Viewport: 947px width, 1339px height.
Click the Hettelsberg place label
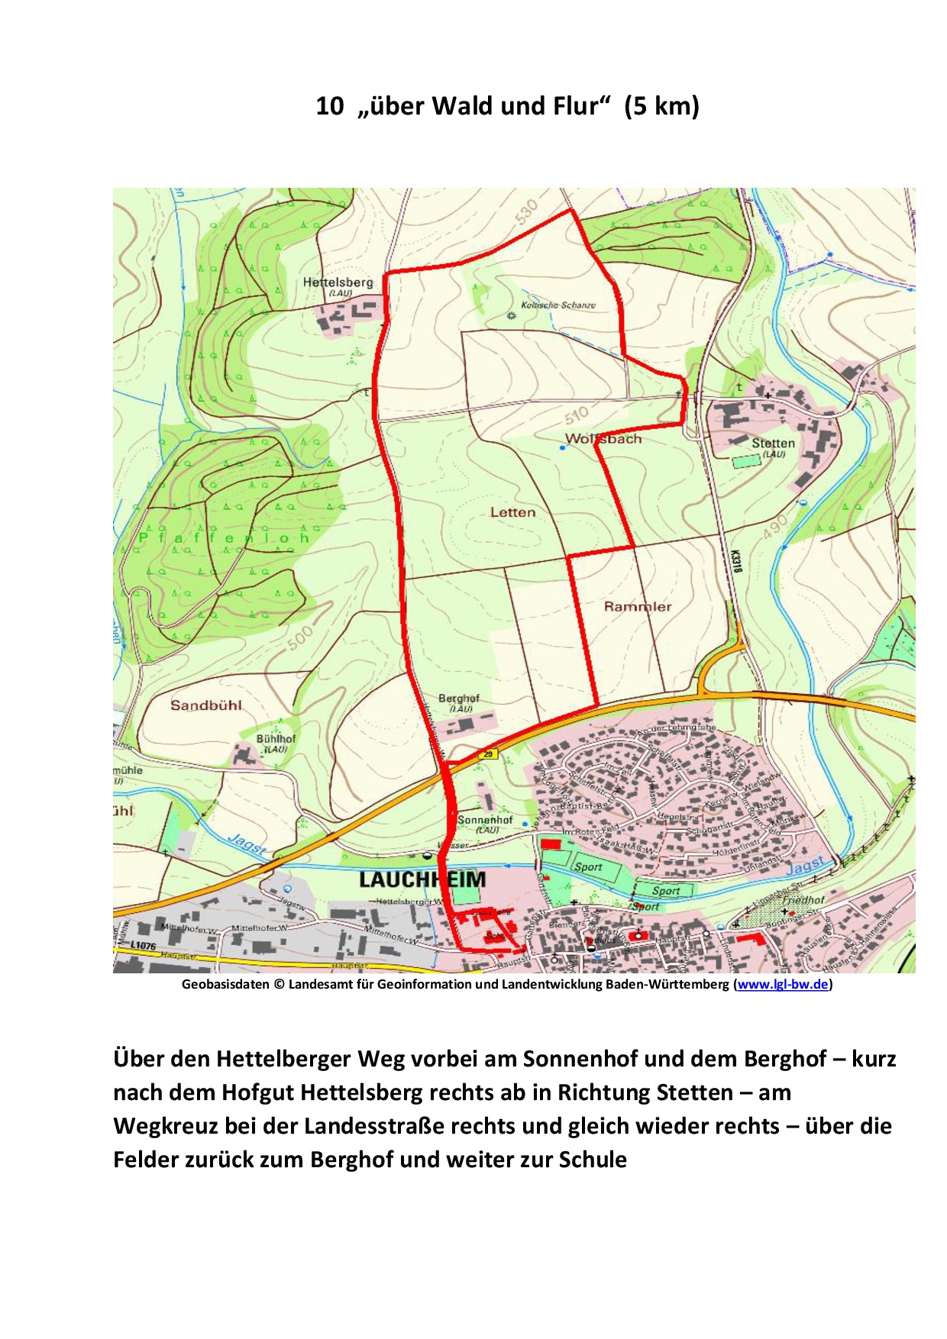[x=338, y=282]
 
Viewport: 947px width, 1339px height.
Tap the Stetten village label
[x=773, y=443]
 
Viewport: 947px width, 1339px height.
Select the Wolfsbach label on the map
[x=603, y=439]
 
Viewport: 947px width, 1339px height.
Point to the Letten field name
[x=512, y=512]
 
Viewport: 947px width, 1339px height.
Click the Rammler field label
[x=638, y=607]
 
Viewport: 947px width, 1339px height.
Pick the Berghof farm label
[x=459, y=699]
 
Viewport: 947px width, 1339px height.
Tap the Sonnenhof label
[x=485, y=820]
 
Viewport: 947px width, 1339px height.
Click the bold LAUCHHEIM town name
[x=422, y=879]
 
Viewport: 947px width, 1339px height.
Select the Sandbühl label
[x=205, y=705]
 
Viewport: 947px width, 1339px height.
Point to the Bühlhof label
[x=275, y=739]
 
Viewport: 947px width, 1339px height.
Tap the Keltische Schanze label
[x=558, y=305]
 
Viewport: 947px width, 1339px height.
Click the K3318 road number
[x=735, y=563]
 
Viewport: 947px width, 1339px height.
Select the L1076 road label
[x=143, y=945]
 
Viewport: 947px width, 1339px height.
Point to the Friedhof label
[x=803, y=900]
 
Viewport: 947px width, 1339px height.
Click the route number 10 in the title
[x=330, y=106]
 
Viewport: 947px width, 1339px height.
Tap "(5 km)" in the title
[x=661, y=106]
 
